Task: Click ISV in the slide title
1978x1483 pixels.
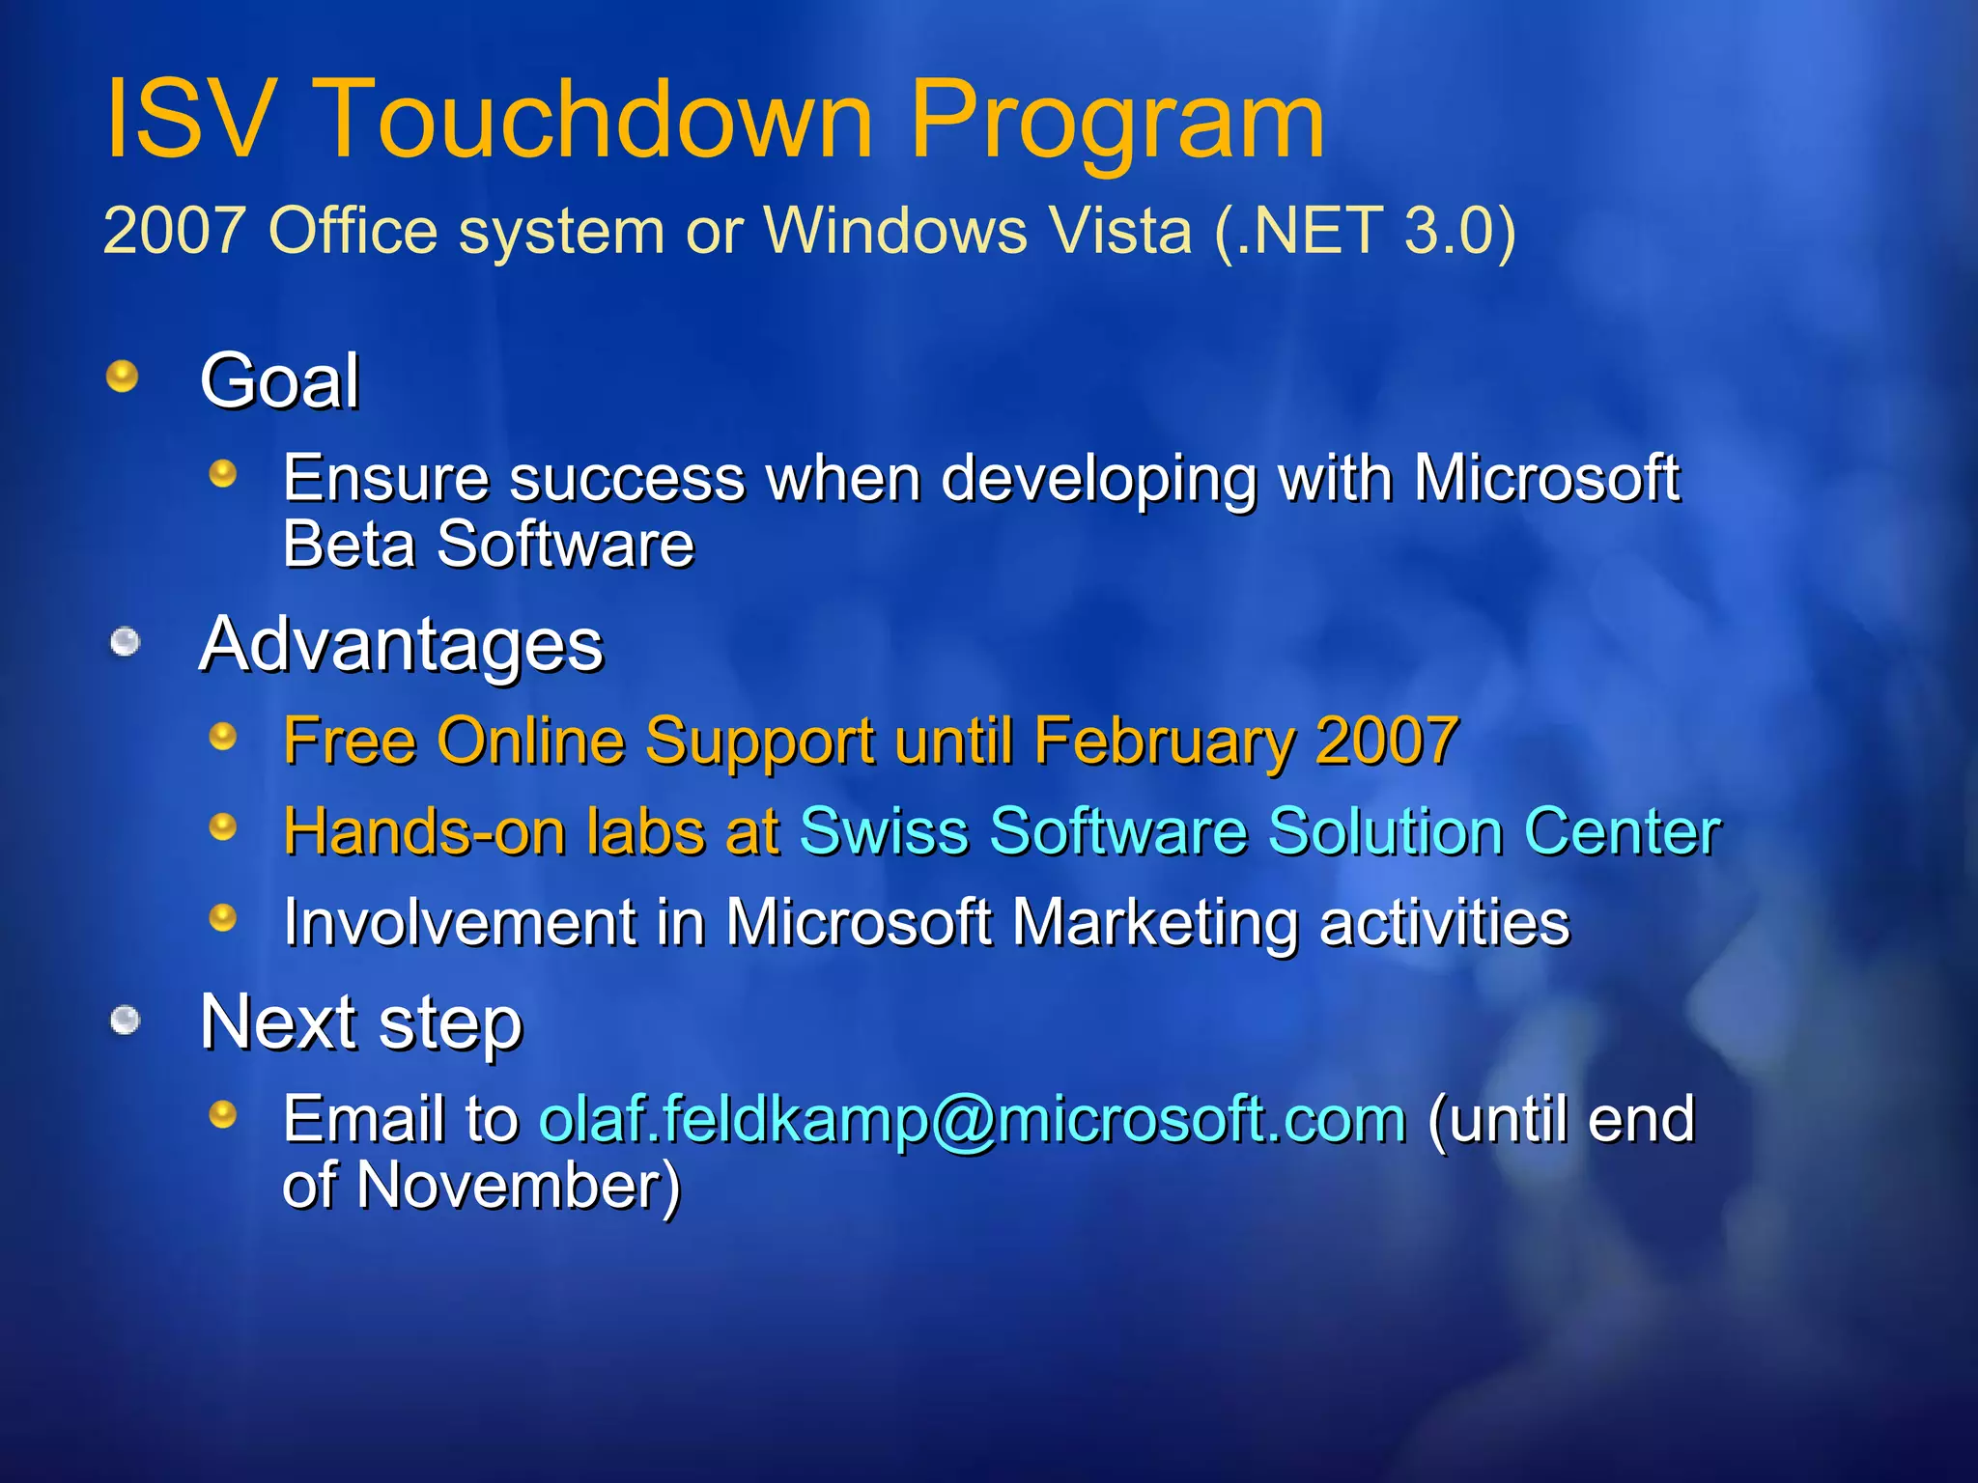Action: [x=187, y=120]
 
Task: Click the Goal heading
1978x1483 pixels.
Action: [x=280, y=380]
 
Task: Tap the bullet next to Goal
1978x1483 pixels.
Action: [x=122, y=376]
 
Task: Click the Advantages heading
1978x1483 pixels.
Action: [x=401, y=645]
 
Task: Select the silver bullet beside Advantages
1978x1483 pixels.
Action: [x=125, y=641]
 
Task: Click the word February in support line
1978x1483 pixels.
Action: [x=1163, y=741]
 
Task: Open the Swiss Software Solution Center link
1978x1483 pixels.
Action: [x=1259, y=831]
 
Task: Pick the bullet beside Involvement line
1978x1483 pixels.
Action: [x=223, y=917]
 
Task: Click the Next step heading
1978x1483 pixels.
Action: [x=360, y=1022]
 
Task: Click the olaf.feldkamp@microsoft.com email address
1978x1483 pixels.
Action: [x=972, y=1120]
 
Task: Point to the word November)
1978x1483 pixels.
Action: [x=519, y=1186]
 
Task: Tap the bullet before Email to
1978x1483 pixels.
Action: [x=223, y=1115]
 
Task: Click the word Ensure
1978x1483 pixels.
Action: [x=385, y=478]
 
